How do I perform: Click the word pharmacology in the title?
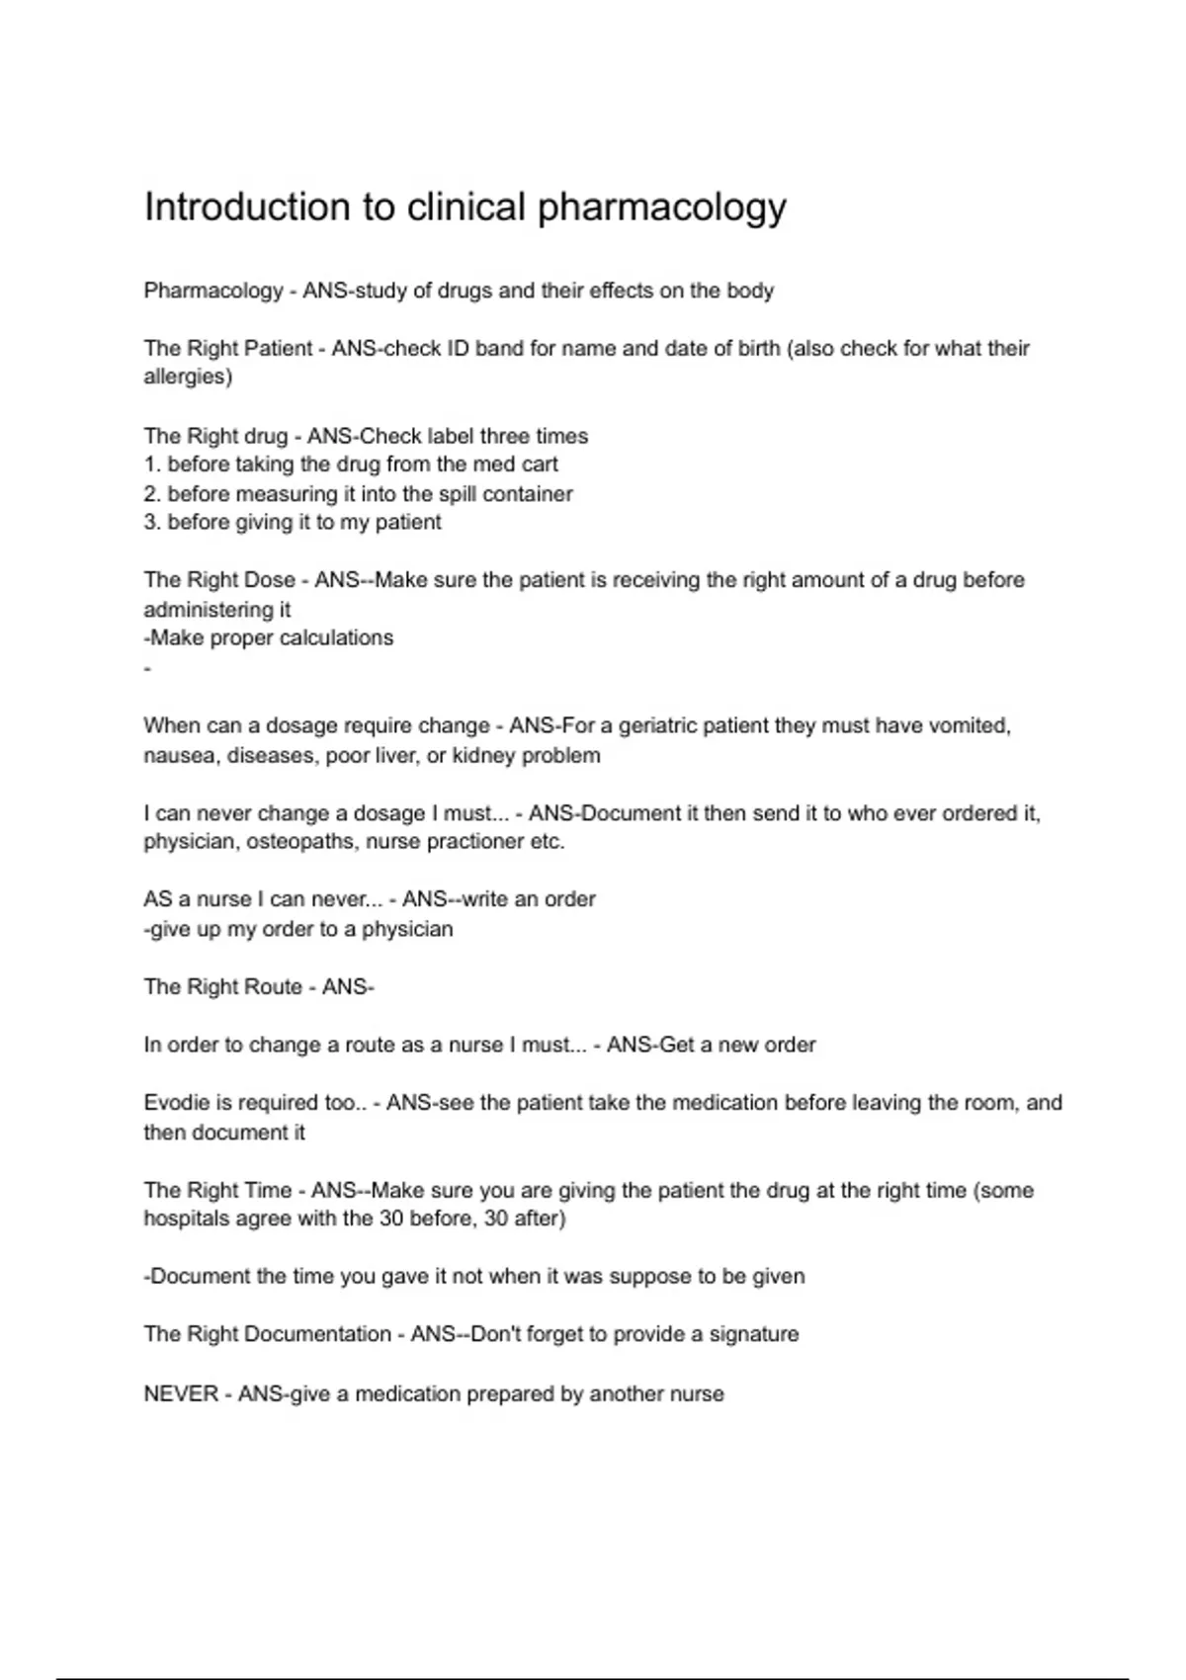click(661, 208)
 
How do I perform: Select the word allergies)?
click(188, 377)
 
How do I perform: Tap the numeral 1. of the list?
click(152, 464)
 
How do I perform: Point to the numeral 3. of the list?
click(152, 522)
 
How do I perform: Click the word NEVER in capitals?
click(181, 1393)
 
